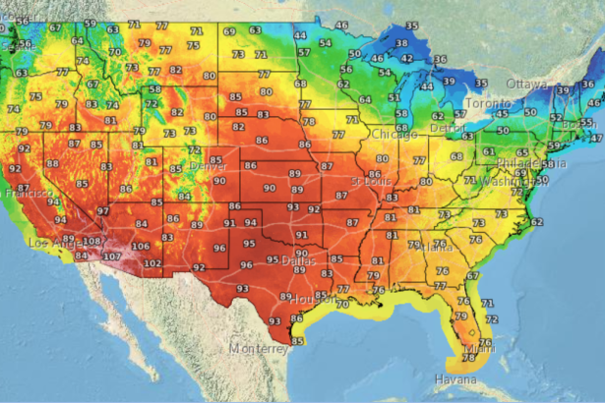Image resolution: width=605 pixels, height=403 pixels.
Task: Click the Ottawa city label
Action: click(x=527, y=85)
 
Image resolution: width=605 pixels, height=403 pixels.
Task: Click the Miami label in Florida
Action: click(x=481, y=347)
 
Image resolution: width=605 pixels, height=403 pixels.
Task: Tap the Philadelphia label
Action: click(x=517, y=163)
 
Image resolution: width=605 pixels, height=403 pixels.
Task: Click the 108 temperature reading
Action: click(x=91, y=241)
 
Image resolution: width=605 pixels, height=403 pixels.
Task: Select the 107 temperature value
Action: click(x=111, y=257)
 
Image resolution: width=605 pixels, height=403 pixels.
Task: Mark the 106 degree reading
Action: click(x=141, y=247)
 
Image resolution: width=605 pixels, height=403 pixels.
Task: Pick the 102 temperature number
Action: click(x=152, y=263)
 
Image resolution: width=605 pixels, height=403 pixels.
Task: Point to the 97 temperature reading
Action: click(x=102, y=211)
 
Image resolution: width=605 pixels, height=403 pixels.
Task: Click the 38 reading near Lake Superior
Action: click(x=401, y=43)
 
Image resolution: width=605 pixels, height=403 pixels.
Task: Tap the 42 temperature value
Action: click(x=406, y=59)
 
